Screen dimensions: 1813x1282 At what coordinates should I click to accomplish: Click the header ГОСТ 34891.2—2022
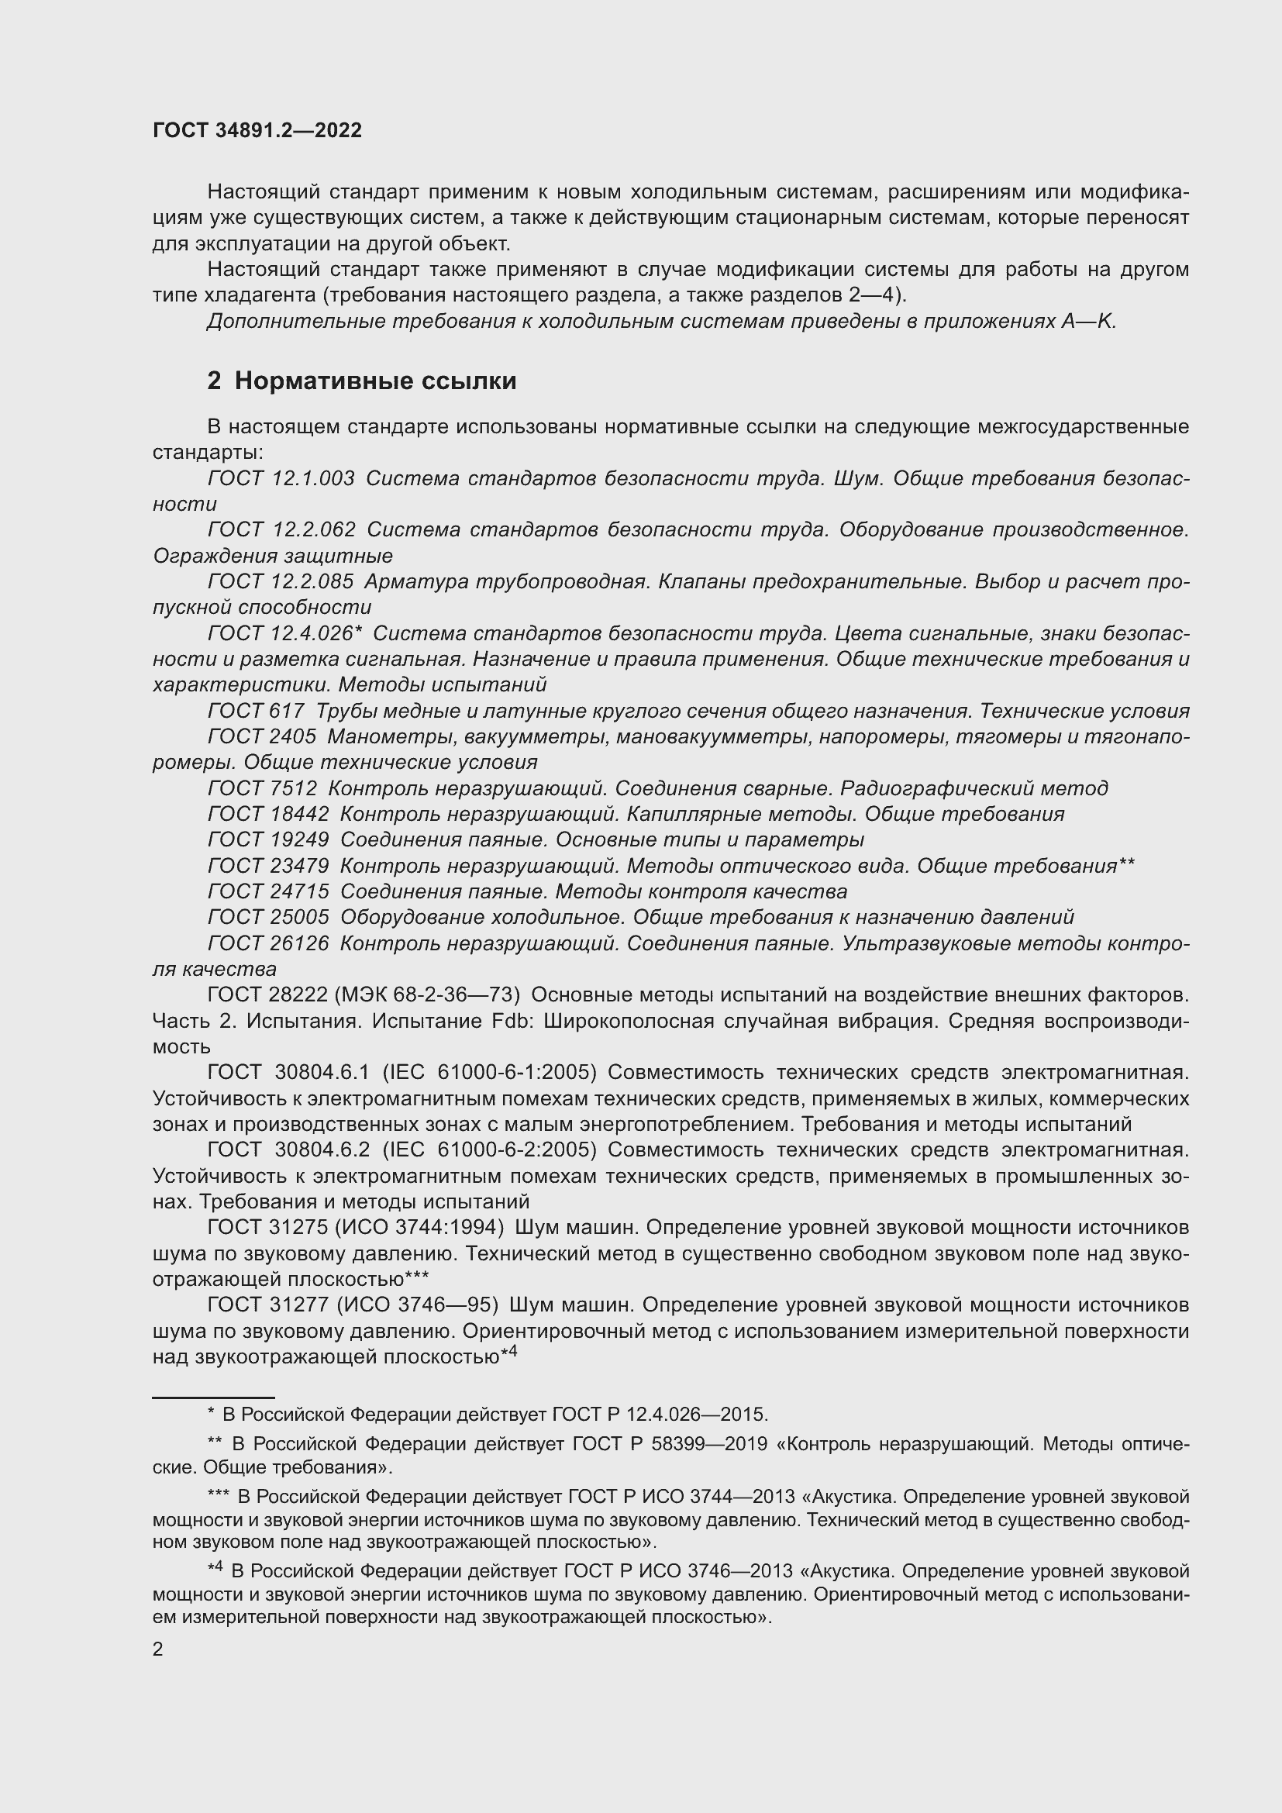click(257, 130)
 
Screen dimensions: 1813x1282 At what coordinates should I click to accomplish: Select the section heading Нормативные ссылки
click(375, 381)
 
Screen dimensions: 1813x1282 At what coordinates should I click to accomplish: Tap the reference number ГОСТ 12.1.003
click(281, 478)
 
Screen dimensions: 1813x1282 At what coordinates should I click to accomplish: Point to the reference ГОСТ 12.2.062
click(281, 530)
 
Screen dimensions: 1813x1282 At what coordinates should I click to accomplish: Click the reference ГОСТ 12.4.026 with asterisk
click(284, 633)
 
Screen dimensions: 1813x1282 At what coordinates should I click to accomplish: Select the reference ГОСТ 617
click(256, 711)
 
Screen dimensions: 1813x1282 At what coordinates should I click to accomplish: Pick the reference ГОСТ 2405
click(261, 736)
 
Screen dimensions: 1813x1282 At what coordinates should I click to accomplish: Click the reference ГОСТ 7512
click(262, 788)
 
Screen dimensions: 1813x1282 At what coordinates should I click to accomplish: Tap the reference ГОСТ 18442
click(267, 814)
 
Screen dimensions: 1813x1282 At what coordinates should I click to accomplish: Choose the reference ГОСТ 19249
click(267, 839)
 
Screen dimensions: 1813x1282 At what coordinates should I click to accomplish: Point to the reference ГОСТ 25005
click(267, 918)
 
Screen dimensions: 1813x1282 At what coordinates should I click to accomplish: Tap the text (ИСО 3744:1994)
click(420, 1227)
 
